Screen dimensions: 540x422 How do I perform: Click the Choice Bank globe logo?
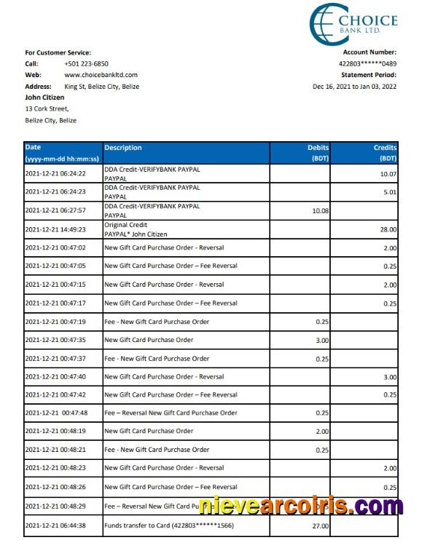(324, 23)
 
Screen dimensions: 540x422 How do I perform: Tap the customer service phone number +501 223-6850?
(86, 63)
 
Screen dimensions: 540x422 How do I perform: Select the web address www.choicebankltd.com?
(101, 75)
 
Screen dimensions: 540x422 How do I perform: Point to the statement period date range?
(354, 86)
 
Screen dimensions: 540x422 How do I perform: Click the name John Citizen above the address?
(44, 98)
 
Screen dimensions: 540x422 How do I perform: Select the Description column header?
(123, 148)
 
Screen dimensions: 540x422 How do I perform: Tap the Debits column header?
(319, 148)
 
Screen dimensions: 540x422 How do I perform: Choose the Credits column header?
(385, 148)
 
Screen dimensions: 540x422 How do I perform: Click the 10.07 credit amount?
(388, 174)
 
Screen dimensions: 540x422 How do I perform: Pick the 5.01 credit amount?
(390, 192)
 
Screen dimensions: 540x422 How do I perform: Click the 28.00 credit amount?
(388, 229)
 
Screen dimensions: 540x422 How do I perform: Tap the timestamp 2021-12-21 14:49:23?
(55, 229)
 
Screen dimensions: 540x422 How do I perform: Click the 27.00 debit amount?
(321, 525)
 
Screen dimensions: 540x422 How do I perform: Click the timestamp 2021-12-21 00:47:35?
(55, 340)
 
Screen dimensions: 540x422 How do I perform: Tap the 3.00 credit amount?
(390, 377)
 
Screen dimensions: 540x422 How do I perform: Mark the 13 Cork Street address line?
(47, 109)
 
